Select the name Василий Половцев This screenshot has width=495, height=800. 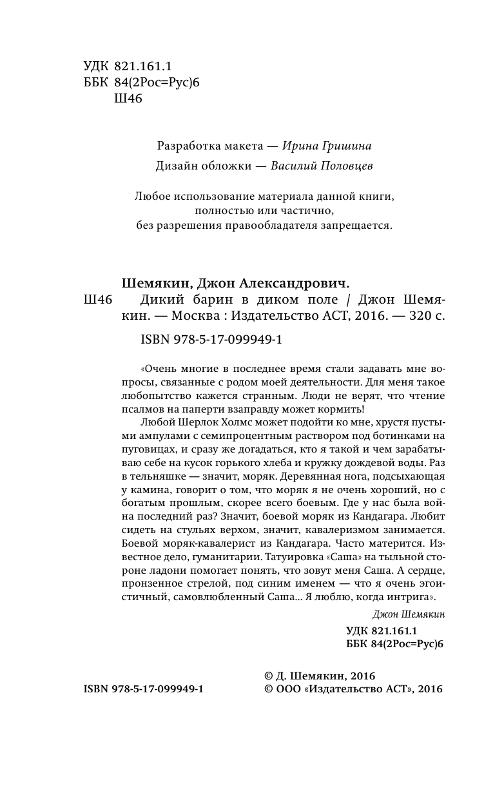322,166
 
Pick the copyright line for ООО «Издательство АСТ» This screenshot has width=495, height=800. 353,688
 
